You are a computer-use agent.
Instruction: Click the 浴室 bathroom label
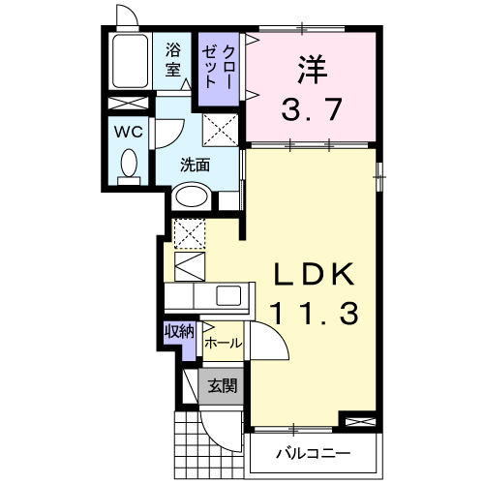(x=173, y=59)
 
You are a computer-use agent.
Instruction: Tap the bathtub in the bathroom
(x=130, y=62)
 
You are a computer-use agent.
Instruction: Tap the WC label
(x=127, y=131)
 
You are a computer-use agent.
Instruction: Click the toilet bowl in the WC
(x=127, y=164)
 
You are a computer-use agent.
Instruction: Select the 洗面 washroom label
(x=195, y=165)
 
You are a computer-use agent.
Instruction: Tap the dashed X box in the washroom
(x=220, y=128)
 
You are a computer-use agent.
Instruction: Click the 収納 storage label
(x=179, y=331)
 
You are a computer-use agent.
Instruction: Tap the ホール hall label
(x=222, y=343)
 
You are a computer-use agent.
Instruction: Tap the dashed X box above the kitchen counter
(x=189, y=232)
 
